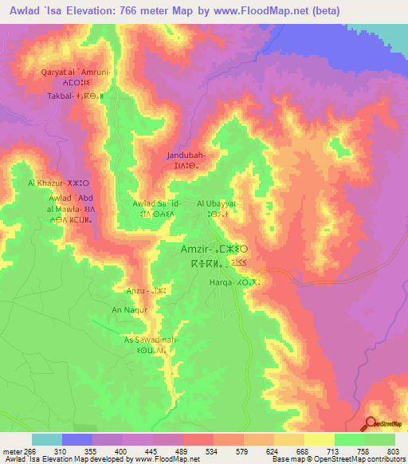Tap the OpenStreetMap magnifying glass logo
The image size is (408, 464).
click(371, 423)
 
